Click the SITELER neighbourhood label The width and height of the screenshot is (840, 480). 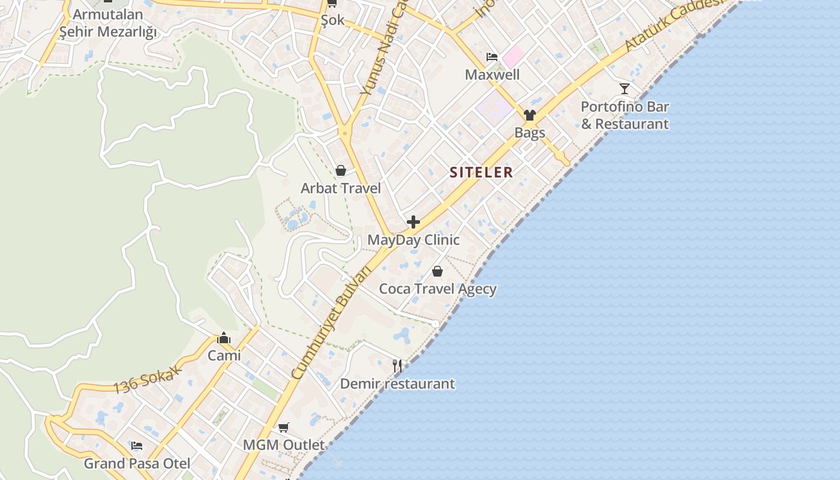point(481,172)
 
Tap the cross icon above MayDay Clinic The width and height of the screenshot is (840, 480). point(413,223)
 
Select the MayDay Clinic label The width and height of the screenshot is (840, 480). point(413,240)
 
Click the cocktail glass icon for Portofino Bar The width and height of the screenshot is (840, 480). point(625,89)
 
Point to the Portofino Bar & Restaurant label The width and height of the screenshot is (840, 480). point(625,115)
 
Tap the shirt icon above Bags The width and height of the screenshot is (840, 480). point(529,115)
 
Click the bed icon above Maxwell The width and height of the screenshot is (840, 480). point(492,58)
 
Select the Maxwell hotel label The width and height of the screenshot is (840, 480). point(492,75)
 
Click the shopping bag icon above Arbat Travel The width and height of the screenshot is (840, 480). point(341,171)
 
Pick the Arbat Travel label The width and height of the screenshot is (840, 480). point(341,188)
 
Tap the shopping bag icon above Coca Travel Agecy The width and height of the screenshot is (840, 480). point(437,271)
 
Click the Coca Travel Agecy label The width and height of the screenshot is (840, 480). point(437,289)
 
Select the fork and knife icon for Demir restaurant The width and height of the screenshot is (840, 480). point(397,365)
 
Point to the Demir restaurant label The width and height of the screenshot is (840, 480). point(397,384)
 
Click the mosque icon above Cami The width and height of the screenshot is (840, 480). point(224,338)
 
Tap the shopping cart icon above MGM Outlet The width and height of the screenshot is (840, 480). point(283,428)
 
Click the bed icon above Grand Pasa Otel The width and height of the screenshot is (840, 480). point(137,446)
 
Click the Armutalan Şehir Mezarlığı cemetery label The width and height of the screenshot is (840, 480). point(108,23)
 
